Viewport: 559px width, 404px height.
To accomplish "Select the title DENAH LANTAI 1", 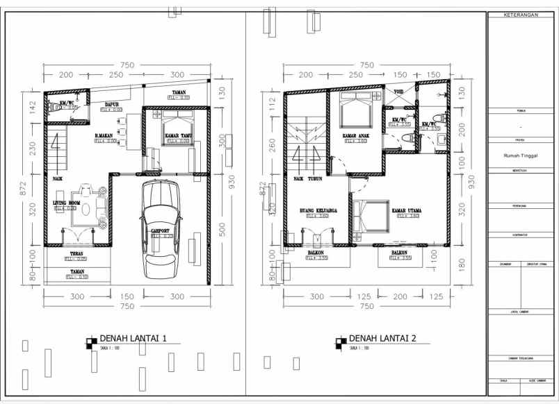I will (x=133, y=339).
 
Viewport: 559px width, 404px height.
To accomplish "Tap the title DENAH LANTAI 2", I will (x=382, y=339).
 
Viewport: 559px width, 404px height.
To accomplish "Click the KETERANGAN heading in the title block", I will (x=521, y=14).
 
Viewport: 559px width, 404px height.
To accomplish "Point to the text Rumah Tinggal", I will (x=521, y=156).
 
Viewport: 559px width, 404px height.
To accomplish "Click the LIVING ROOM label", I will (x=65, y=203).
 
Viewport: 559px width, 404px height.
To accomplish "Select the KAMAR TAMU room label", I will (x=177, y=135).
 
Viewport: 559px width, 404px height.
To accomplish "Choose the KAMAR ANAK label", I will (x=355, y=135).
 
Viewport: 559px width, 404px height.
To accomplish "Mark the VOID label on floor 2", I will (x=398, y=92).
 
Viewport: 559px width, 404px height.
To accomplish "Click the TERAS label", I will (x=76, y=253).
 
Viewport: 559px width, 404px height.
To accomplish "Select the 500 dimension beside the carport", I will (x=222, y=228).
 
